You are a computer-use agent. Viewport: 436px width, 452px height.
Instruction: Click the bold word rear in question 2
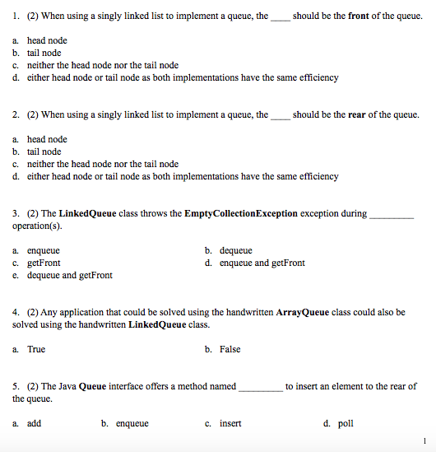point(356,114)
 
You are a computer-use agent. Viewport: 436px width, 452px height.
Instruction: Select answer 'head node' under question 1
point(47,40)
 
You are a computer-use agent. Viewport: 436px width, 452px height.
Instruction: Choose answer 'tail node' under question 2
point(44,151)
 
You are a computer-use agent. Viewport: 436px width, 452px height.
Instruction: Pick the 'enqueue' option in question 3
point(43,250)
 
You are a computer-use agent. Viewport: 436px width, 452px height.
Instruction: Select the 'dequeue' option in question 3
point(236,250)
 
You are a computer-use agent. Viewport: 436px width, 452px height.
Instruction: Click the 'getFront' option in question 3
point(44,263)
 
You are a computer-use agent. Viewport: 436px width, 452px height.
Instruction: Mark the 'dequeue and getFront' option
point(69,275)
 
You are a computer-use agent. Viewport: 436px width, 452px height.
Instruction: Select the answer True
point(36,349)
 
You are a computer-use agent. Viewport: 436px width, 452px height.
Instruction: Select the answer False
point(230,349)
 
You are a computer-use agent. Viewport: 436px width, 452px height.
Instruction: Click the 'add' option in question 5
point(34,423)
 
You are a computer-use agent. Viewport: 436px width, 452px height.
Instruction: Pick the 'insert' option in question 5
point(230,423)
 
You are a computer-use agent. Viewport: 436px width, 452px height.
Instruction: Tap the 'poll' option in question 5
point(346,423)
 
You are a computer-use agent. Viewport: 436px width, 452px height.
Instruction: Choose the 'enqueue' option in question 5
point(132,423)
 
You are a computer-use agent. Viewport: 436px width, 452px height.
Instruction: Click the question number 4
point(16,312)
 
